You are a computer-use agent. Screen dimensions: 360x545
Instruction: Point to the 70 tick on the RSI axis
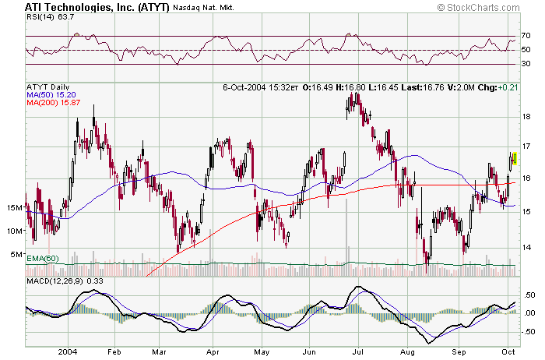tap(526, 36)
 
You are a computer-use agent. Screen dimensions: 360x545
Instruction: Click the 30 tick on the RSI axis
tap(526, 64)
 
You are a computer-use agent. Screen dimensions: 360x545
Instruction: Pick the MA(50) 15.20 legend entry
tap(51, 94)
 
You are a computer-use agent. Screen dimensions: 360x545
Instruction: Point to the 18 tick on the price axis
tap(526, 117)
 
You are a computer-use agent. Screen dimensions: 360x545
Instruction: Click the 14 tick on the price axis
tap(526, 248)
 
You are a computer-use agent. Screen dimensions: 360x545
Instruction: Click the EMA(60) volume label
tap(44, 258)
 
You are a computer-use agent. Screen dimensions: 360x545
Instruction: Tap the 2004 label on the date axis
tap(67, 351)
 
